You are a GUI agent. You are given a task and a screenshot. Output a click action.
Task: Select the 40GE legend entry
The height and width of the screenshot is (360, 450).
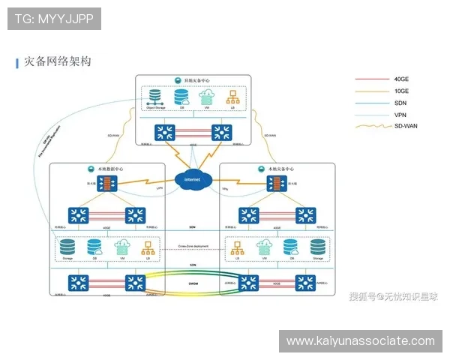click(402, 79)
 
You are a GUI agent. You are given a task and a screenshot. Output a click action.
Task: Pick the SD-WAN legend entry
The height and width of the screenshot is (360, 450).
click(406, 126)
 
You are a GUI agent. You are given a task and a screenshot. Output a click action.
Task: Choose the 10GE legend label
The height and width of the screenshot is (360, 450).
click(402, 91)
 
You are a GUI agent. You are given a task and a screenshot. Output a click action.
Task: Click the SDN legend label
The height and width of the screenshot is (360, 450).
click(401, 103)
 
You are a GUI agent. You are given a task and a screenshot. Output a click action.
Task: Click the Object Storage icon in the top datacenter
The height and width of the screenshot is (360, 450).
click(155, 98)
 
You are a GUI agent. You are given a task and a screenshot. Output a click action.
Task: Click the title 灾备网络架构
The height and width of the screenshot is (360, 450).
click(58, 62)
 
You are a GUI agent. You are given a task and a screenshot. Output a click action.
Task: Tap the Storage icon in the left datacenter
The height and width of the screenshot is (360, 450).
click(67, 247)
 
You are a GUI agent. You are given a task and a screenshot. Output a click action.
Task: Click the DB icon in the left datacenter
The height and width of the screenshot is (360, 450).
click(94, 247)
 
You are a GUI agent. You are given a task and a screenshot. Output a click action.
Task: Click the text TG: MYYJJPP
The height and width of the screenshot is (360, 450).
click(54, 17)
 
